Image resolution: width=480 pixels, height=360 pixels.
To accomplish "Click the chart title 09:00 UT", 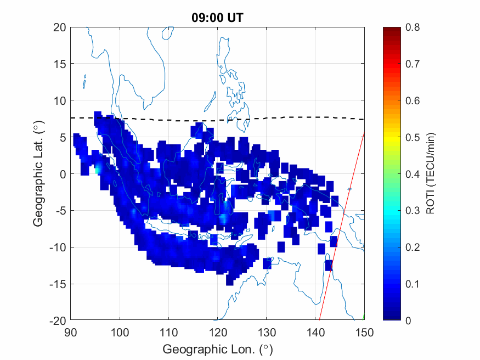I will point(217,18).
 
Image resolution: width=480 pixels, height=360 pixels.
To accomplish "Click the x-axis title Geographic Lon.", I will point(217,349).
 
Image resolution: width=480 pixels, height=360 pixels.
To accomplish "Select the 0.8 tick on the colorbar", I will point(412,27).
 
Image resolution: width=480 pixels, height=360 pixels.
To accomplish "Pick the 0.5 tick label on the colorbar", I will point(412,137).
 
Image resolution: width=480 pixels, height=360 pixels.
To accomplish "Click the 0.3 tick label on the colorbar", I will point(412,210).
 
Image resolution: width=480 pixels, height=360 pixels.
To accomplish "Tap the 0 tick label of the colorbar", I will point(408,320).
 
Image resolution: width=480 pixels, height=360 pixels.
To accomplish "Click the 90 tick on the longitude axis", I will point(70,331).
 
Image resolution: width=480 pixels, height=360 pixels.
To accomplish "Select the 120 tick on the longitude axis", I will point(218,331).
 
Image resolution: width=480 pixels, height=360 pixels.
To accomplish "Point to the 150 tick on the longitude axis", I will point(365,331).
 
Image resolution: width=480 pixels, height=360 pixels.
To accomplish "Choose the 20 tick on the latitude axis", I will point(60,27).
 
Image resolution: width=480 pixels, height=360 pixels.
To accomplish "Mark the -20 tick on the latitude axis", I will point(58,320).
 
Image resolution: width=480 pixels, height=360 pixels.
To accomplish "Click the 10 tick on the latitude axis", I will point(60,100).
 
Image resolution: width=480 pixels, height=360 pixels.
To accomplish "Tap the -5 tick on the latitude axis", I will point(60,211).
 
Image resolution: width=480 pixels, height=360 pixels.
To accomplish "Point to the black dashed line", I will point(165,119).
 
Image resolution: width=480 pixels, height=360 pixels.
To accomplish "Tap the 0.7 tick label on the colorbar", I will point(412,64).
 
